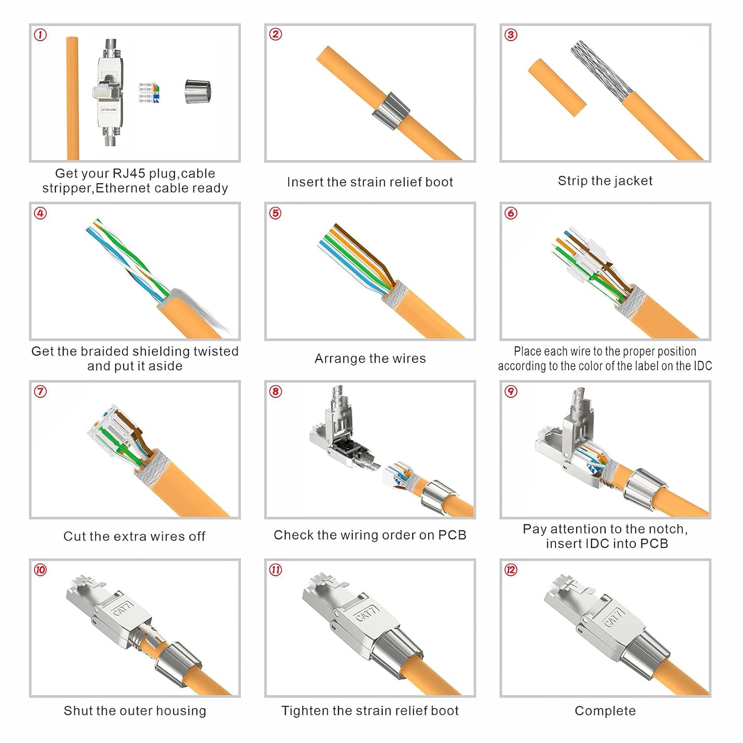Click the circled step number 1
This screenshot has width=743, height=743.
pos(40,35)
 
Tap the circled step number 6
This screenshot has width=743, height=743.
pos(511,213)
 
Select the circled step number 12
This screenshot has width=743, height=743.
pos(511,570)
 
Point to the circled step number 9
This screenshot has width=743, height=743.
pos(511,391)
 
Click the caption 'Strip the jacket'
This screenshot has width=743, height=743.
pos(605,181)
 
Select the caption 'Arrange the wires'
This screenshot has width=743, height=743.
pos(370,358)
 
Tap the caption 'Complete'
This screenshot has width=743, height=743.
pos(605,711)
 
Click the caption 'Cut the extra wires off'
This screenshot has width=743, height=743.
pos(134,536)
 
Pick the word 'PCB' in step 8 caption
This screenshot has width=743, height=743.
pos(452,535)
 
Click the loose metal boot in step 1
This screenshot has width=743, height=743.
pos(198,92)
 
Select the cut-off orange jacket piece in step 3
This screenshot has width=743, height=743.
pos(557,88)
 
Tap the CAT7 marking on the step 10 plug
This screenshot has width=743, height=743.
pos(123,608)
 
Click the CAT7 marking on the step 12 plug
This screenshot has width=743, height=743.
pos(613,617)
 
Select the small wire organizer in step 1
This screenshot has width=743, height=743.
pos(149,93)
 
